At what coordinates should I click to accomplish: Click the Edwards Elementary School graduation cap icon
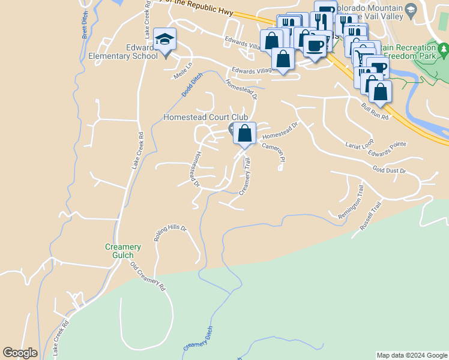coord(164,40)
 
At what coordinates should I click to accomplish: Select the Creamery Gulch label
coord(123,251)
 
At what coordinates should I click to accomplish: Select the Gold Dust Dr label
coord(390,170)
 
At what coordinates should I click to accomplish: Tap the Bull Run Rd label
coord(375,112)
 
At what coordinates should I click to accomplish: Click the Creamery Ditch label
coord(199,343)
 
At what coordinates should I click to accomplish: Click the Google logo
coord(20,353)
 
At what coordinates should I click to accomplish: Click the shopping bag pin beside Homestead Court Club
coord(244,133)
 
